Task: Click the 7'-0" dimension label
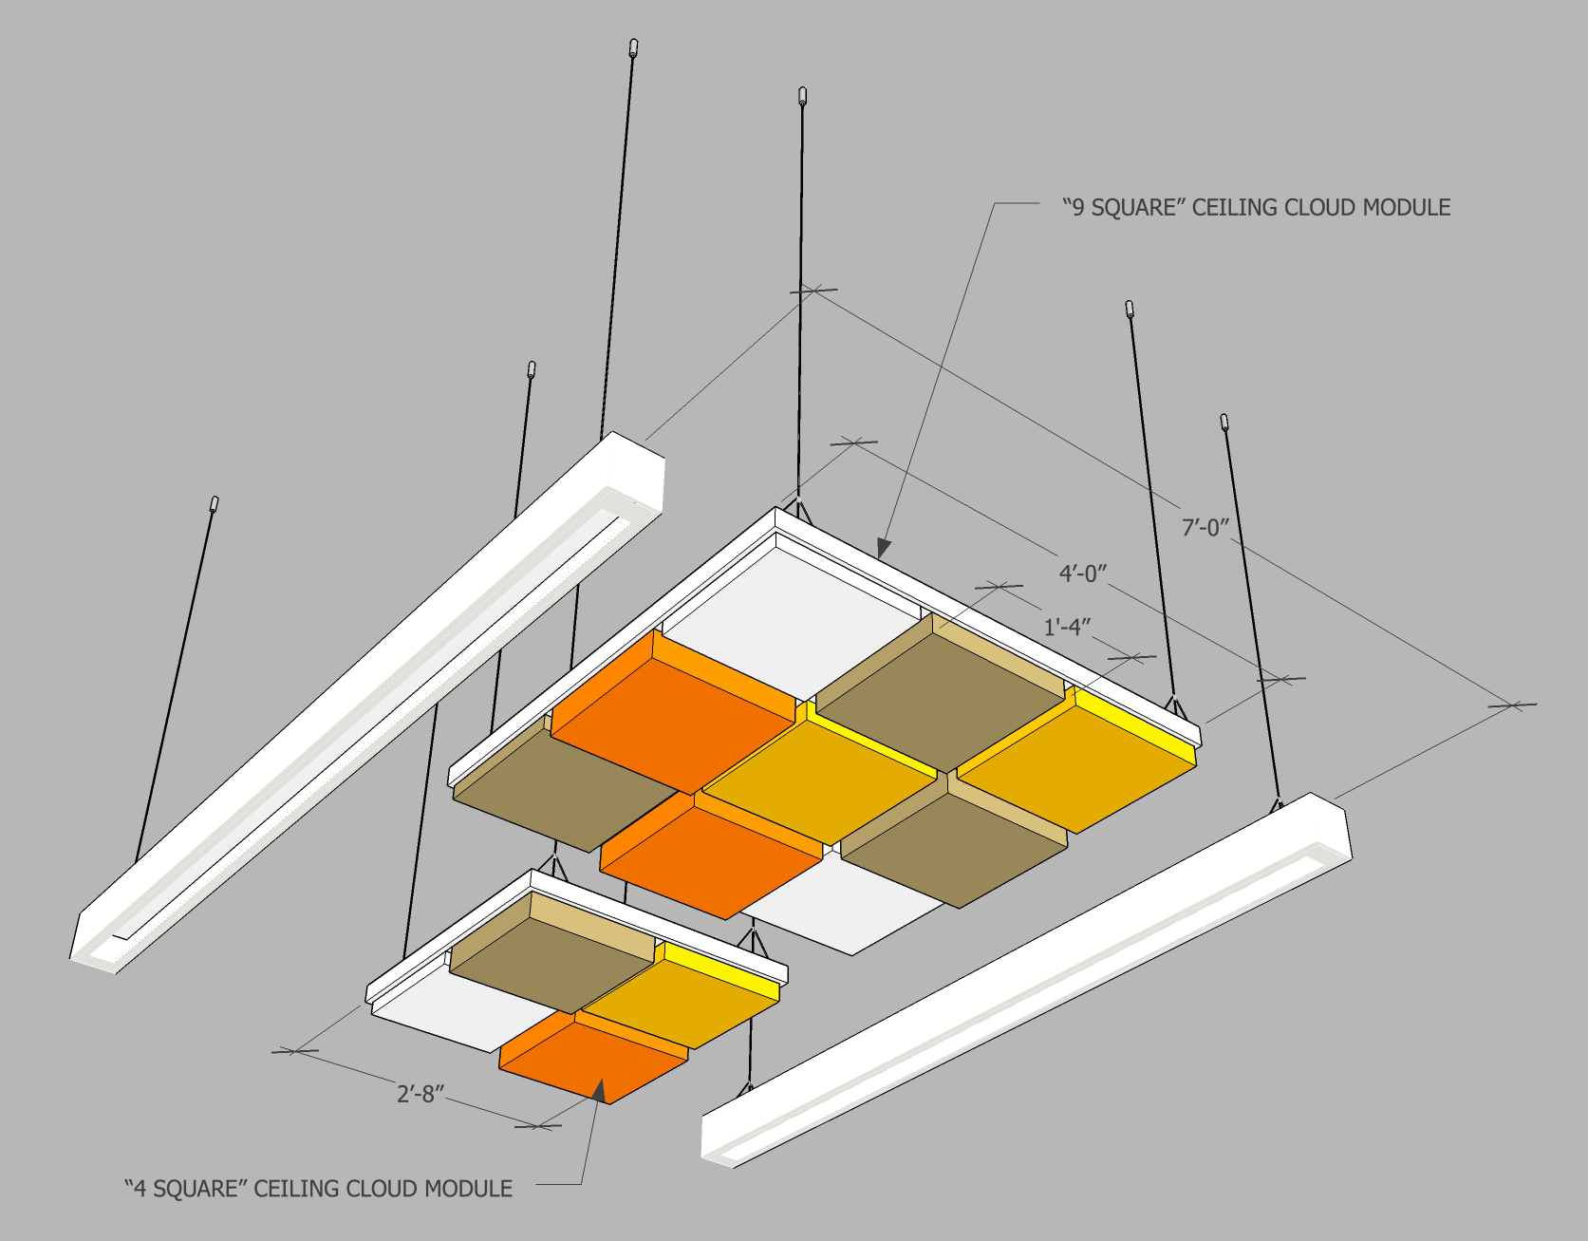click(x=1205, y=527)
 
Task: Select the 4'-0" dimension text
click(x=1083, y=573)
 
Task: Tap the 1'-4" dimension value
click(x=1067, y=628)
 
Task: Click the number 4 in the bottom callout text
click(x=139, y=1189)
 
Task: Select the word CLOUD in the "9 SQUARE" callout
click(x=1320, y=208)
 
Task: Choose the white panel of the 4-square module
click(x=437, y=1016)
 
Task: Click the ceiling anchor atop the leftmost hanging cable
click(x=215, y=503)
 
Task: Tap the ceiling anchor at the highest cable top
click(x=633, y=47)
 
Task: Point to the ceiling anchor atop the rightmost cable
click(x=1224, y=422)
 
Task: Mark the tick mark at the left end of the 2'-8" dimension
click(x=295, y=1050)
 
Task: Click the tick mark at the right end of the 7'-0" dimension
click(x=1511, y=705)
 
